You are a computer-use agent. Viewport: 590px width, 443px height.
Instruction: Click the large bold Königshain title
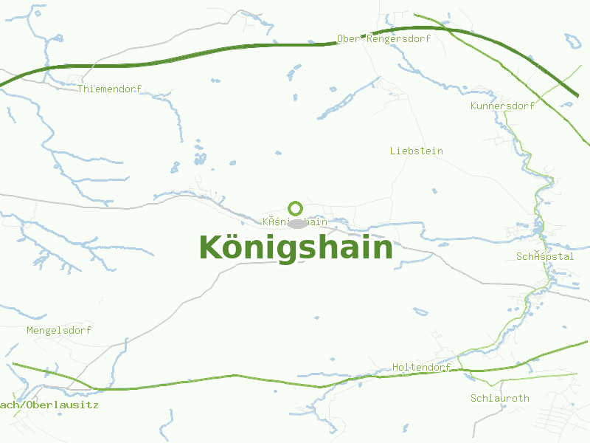pyautogui.click(x=296, y=247)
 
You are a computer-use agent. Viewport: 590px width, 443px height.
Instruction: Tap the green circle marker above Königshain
pyautogui.click(x=296, y=208)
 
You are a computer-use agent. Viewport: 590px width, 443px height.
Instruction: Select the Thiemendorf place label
pyautogui.click(x=109, y=89)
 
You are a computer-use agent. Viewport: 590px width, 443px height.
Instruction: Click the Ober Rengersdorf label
pyautogui.click(x=383, y=38)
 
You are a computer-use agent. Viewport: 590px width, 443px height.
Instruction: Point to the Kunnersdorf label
pyautogui.click(x=502, y=106)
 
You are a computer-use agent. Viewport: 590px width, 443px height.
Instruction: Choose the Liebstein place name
pyautogui.click(x=417, y=151)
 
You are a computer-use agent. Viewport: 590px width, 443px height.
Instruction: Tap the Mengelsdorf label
pyautogui.click(x=59, y=330)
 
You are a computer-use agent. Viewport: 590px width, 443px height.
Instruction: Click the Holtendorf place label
pyautogui.click(x=421, y=367)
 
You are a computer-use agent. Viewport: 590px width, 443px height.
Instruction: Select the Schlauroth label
pyautogui.click(x=500, y=398)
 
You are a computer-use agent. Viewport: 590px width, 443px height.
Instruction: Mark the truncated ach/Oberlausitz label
pyautogui.click(x=49, y=405)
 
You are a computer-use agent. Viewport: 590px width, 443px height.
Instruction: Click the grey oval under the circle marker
pyautogui.click(x=297, y=224)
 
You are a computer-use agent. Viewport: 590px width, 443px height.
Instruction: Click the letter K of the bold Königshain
pyautogui.click(x=209, y=247)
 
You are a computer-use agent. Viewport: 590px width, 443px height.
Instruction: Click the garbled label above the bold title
pyautogui.click(x=295, y=221)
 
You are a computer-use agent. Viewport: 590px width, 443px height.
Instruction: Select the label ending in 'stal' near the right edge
pyautogui.click(x=545, y=256)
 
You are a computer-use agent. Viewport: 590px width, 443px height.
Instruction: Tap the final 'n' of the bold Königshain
pyautogui.click(x=383, y=249)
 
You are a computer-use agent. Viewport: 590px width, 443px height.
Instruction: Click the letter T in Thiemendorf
pyautogui.click(x=80, y=89)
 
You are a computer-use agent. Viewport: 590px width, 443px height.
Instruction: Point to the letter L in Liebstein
pyautogui.click(x=393, y=151)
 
